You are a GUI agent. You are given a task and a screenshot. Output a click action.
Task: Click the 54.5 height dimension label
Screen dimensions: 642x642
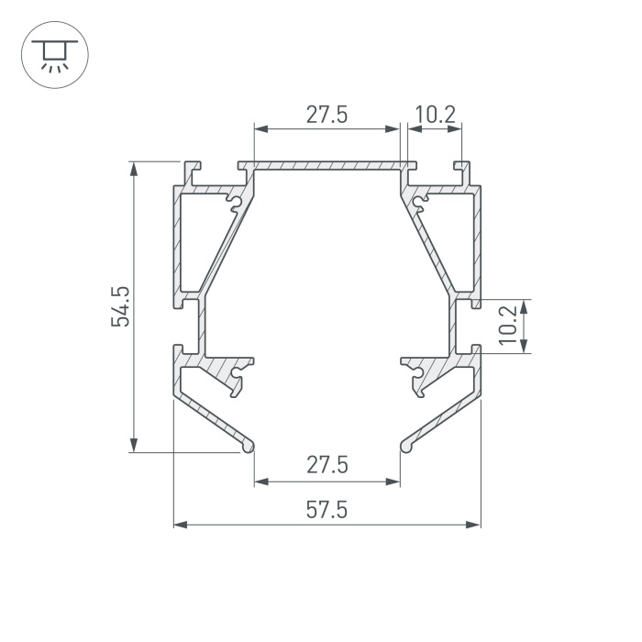coord(120,306)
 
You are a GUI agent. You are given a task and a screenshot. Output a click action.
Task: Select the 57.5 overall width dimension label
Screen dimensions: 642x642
coord(327,510)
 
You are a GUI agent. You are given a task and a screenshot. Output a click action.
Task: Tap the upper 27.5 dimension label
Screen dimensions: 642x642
coord(327,115)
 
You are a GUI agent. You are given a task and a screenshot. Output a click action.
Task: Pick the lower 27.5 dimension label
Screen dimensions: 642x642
coord(327,465)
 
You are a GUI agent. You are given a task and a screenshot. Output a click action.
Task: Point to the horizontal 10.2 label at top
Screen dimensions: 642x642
coord(435,115)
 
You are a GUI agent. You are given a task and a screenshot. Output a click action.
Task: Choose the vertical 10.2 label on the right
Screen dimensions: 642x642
coord(509,326)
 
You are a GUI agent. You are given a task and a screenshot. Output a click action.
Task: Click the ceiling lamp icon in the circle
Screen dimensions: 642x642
coord(54,55)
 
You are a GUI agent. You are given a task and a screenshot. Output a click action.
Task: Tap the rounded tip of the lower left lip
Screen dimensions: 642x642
coord(249,447)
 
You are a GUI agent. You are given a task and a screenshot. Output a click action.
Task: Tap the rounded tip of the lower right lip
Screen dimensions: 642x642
coord(405,447)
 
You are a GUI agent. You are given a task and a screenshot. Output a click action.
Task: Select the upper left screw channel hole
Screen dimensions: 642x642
coord(236,202)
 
